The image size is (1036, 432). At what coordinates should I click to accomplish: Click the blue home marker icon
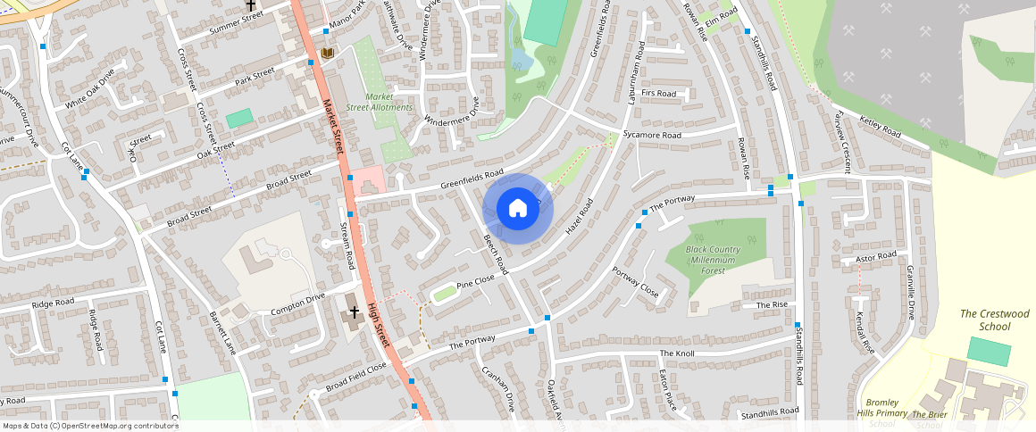coord(517,209)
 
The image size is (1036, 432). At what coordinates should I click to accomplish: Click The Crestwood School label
coord(994,320)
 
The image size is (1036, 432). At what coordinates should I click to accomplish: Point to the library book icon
coord(327,54)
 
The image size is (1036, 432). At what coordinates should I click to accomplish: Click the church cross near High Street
coord(355,312)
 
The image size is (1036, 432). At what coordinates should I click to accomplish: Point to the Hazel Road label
coord(580,218)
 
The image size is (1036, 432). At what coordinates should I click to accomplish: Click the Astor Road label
coord(875,257)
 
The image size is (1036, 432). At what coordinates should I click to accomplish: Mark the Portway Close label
coord(635,282)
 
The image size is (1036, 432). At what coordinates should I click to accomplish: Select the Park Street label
coord(254,74)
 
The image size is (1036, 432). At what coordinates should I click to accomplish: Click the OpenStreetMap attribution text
coord(89,426)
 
